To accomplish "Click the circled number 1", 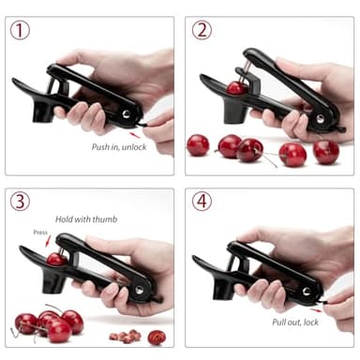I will (20, 30).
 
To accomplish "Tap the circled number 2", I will (202, 30).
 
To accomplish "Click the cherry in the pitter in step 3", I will (57, 259).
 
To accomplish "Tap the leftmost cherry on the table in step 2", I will (198, 144).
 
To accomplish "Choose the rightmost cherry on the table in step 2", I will (325, 151).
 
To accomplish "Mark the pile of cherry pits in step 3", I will (123, 335).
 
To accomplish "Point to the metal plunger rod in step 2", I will (246, 73).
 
